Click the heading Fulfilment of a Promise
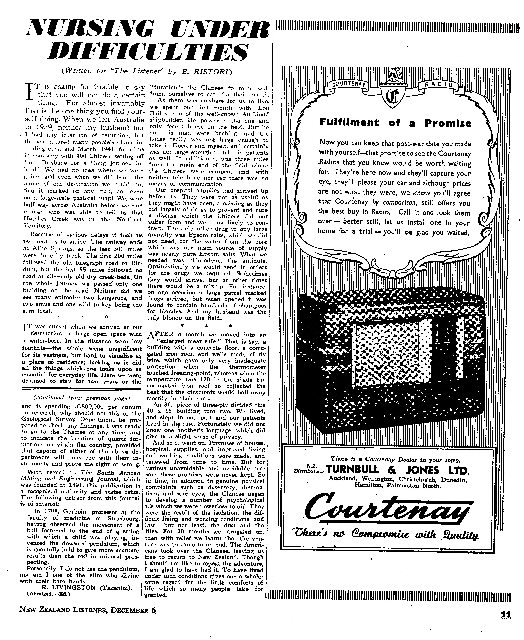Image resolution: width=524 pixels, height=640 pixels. click(395, 123)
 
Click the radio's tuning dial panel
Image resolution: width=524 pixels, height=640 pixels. click(444, 351)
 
